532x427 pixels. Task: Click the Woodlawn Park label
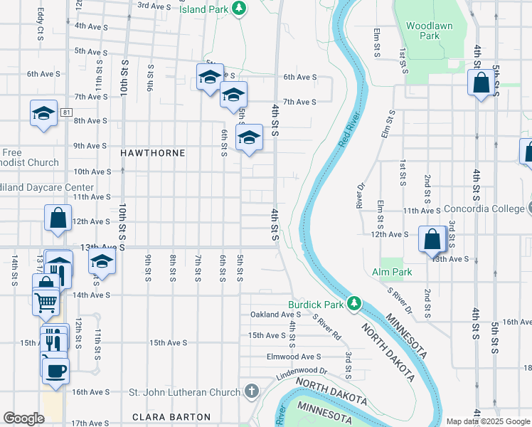pyautogui.click(x=423, y=30)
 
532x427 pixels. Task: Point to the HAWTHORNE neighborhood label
pyautogui.click(x=152, y=153)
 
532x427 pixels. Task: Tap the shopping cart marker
pyautogui.click(x=46, y=302)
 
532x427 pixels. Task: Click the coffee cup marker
pyautogui.click(x=56, y=369)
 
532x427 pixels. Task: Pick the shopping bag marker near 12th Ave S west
pyautogui.click(x=58, y=218)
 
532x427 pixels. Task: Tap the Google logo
pyautogui.click(x=23, y=418)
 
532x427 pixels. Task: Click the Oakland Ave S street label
pyautogui.click(x=277, y=315)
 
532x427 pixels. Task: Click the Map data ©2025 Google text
pyautogui.click(x=487, y=421)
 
